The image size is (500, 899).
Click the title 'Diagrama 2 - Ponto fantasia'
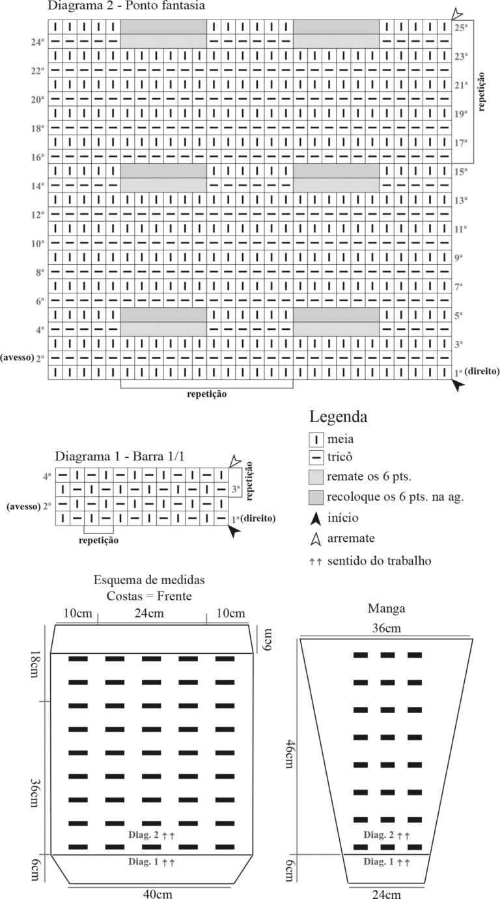point(126,6)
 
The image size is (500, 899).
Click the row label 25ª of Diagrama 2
point(461,28)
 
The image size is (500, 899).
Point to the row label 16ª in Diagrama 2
point(37,157)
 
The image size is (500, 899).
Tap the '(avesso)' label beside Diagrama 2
point(17,358)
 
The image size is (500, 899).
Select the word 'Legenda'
point(338,417)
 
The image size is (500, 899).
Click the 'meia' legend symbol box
point(316,440)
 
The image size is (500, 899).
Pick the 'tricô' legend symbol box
point(316,457)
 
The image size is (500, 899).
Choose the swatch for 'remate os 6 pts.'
point(316,477)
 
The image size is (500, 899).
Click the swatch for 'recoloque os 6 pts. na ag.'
point(316,497)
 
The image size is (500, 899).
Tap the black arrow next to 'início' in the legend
point(316,518)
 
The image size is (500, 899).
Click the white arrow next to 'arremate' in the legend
point(316,539)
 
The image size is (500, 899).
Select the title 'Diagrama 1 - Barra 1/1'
point(119,456)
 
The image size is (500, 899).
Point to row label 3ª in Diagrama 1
point(236,489)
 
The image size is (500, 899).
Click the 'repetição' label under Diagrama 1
point(98,540)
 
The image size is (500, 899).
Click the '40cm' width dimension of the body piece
point(158,894)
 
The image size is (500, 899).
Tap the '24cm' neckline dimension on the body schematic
point(149,613)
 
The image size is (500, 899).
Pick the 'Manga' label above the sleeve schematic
point(386,609)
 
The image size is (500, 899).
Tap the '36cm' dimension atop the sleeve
point(386,628)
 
